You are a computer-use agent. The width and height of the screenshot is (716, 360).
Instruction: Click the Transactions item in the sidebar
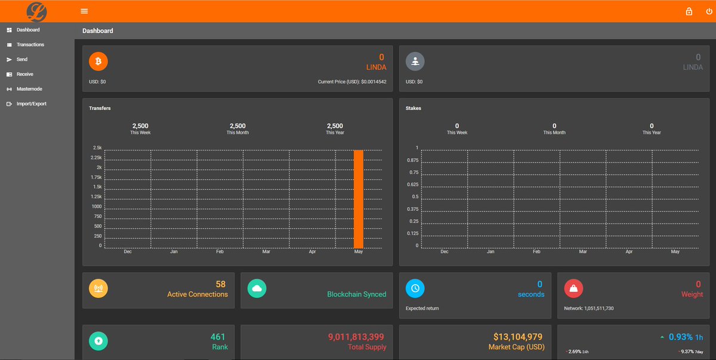[30, 45]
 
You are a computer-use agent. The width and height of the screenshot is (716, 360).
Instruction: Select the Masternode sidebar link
[29, 89]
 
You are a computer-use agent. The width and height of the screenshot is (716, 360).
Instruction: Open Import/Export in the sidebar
[31, 104]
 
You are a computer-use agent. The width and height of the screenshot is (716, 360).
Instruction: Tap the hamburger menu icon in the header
[84, 11]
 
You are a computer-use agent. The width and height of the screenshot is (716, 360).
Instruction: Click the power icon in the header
[709, 11]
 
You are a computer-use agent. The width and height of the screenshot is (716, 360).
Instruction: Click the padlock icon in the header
[689, 11]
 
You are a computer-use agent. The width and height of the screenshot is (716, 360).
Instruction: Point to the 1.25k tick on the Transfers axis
[96, 196]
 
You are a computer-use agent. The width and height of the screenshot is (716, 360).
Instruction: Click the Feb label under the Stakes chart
[536, 252]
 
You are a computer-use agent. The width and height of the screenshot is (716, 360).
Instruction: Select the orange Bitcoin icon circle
[98, 61]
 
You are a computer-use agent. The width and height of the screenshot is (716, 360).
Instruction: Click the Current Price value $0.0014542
[374, 82]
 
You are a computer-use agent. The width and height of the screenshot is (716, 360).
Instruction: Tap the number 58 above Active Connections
[221, 284]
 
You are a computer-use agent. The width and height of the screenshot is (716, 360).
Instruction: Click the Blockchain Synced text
[356, 294]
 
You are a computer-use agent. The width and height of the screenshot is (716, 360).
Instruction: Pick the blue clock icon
[415, 288]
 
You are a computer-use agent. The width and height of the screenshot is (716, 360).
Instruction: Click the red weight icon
[573, 288]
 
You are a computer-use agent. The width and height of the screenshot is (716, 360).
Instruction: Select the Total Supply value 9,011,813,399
[356, 337]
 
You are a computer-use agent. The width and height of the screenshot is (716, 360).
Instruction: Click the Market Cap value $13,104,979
[518, 337]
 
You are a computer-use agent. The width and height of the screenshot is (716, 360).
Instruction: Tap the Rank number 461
[218, 337]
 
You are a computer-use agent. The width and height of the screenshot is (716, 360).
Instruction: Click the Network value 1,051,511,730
[597, 309]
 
